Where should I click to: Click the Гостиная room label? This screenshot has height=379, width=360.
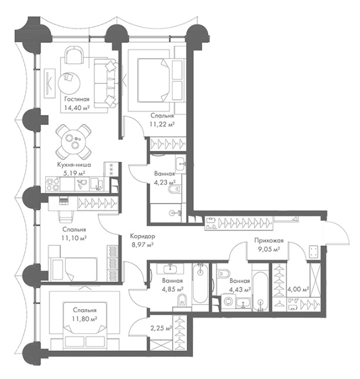pos(77,99)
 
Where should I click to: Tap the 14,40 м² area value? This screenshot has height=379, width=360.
pos(77,108)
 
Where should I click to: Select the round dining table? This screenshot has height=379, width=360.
pos(73,141)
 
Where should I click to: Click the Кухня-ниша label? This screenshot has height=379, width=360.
pos(74,165)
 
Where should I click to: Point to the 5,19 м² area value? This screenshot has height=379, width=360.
pos(74,173)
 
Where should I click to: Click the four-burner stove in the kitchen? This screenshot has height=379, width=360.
pos(53,184)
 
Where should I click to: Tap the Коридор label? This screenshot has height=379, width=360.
pos(143,236)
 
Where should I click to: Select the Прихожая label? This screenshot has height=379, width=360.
pos(269,241)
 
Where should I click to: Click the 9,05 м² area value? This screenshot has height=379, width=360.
pos(269,249)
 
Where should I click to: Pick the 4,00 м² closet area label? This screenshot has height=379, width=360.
pos(298,289)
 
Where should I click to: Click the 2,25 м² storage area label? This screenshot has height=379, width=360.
pos(161,328)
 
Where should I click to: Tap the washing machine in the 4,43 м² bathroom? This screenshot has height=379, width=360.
pos(228,302)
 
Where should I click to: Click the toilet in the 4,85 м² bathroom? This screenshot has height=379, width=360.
pos(181,301)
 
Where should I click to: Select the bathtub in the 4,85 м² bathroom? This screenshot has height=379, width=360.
pos(200,283)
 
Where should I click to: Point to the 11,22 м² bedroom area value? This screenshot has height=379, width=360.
pos(163,124)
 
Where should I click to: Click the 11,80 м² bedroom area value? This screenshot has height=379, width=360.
pos(85,319)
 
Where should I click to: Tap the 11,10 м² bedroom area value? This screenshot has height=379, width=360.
pos(74,238)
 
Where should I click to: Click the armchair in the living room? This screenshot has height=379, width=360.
pos(74,55)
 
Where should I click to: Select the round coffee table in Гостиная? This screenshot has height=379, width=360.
pos(69,84)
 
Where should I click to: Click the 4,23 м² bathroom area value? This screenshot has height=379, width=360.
pos(165,182)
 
